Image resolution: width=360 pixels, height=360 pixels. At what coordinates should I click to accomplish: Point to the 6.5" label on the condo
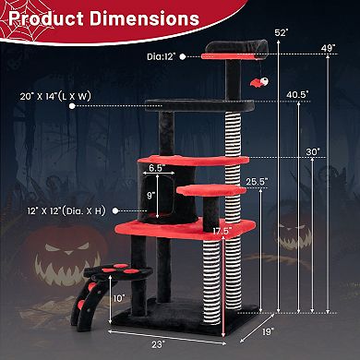[156, 169]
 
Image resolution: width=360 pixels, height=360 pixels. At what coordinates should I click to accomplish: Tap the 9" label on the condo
[150, 195]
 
